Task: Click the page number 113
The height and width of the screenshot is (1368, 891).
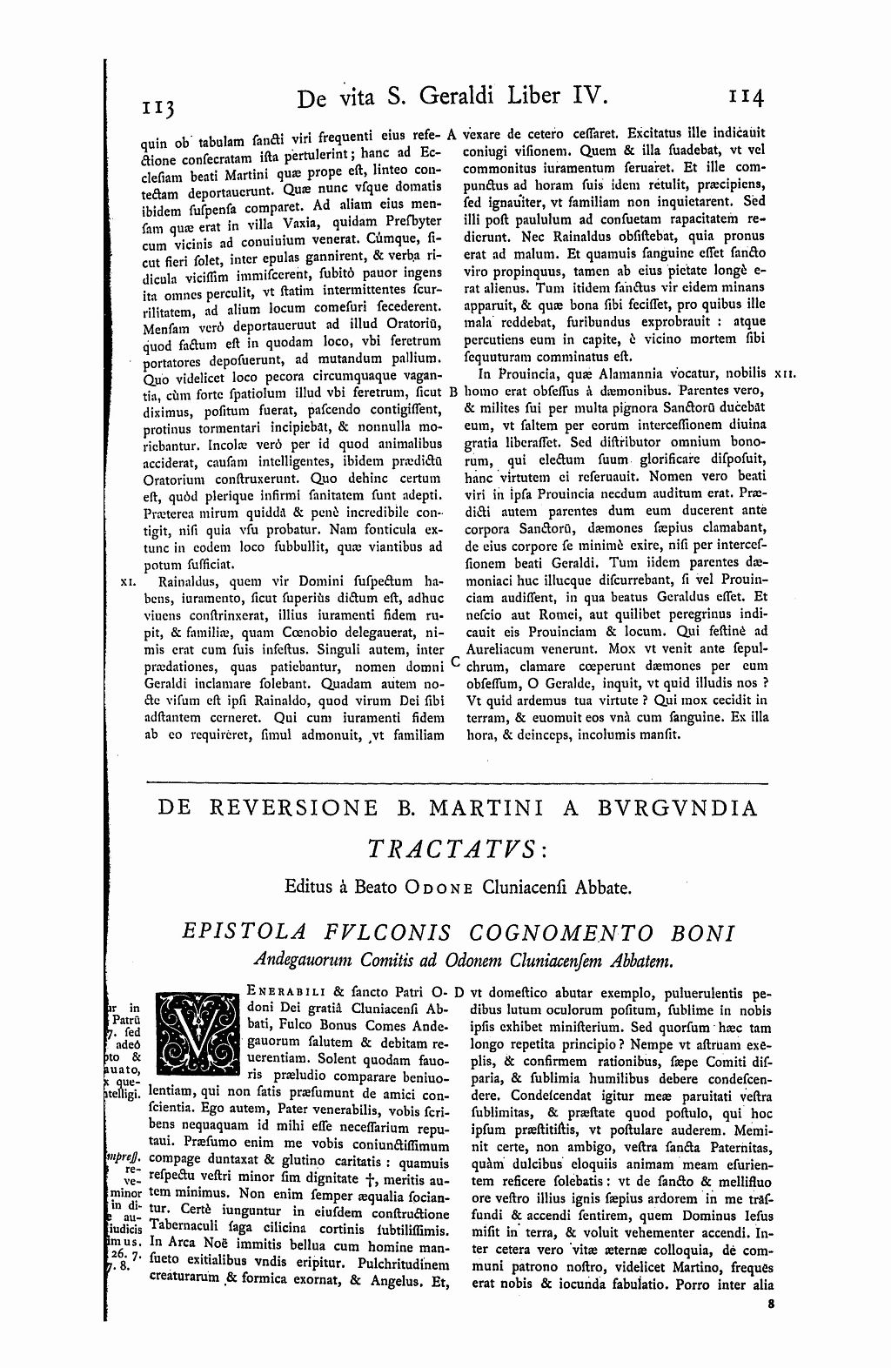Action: pos(159,106)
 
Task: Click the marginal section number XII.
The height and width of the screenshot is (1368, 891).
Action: pos(783,374)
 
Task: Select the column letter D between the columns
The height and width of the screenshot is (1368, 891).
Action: pos(459,991)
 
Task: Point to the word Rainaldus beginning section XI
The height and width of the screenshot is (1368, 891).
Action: pos(182,581)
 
